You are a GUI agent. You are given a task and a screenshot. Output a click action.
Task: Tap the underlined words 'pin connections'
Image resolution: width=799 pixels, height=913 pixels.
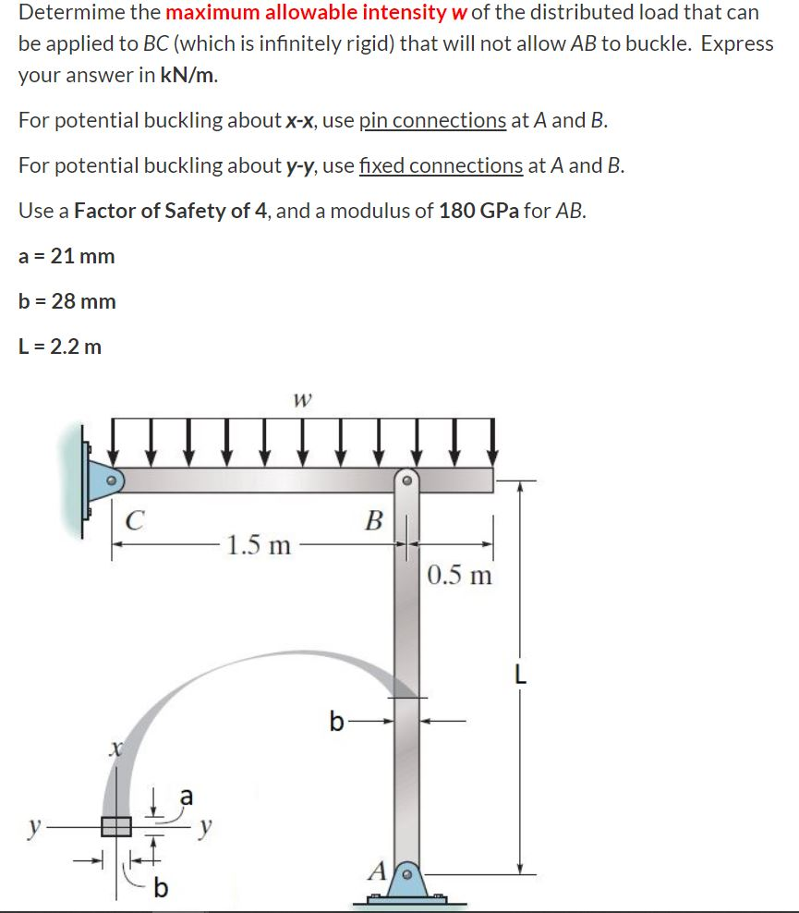(432, 120)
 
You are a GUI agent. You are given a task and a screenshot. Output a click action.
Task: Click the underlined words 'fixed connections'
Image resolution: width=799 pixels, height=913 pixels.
(441, 165)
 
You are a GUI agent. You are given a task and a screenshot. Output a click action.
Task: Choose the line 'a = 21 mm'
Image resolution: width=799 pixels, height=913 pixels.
(67, 256)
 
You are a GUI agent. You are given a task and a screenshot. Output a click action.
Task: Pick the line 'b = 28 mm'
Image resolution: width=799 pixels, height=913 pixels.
(67, 301)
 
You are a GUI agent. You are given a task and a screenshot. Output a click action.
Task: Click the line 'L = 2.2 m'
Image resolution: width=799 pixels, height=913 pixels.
(60, 347)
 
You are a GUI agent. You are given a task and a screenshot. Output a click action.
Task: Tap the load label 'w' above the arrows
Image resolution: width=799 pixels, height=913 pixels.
(300, 400)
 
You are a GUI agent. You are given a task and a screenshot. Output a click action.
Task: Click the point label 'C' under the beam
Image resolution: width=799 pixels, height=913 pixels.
(135, 520)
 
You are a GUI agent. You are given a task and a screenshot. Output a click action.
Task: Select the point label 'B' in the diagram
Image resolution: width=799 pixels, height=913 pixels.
(373, 520)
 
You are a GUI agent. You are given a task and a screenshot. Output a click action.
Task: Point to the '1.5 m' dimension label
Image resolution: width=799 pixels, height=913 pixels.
(261, 544)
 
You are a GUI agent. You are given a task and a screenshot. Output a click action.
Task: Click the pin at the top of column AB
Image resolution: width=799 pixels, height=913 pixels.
(407, 480)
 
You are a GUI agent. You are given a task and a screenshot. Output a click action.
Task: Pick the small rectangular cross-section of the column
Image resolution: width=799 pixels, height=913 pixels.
(116, 825)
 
